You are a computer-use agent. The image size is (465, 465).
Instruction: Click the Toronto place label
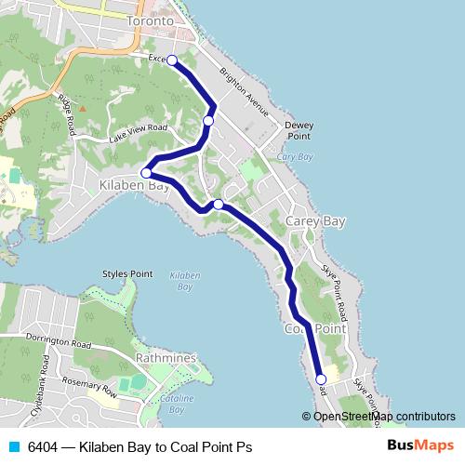pos(151,20)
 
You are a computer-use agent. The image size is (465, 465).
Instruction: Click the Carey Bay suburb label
pos(315,220)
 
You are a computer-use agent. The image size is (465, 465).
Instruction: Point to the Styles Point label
pos(126,274)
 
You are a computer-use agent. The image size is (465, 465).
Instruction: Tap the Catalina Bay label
pos(176,403)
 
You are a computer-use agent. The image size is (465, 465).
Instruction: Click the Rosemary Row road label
pos(86,387)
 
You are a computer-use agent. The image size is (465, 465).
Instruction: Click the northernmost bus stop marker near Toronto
pos(172,60)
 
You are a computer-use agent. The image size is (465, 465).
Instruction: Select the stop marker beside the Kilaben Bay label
pos(146,172)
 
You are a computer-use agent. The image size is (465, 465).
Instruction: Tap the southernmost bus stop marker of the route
pos(321,379)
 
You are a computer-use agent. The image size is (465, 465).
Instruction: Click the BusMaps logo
pos(420,446)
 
